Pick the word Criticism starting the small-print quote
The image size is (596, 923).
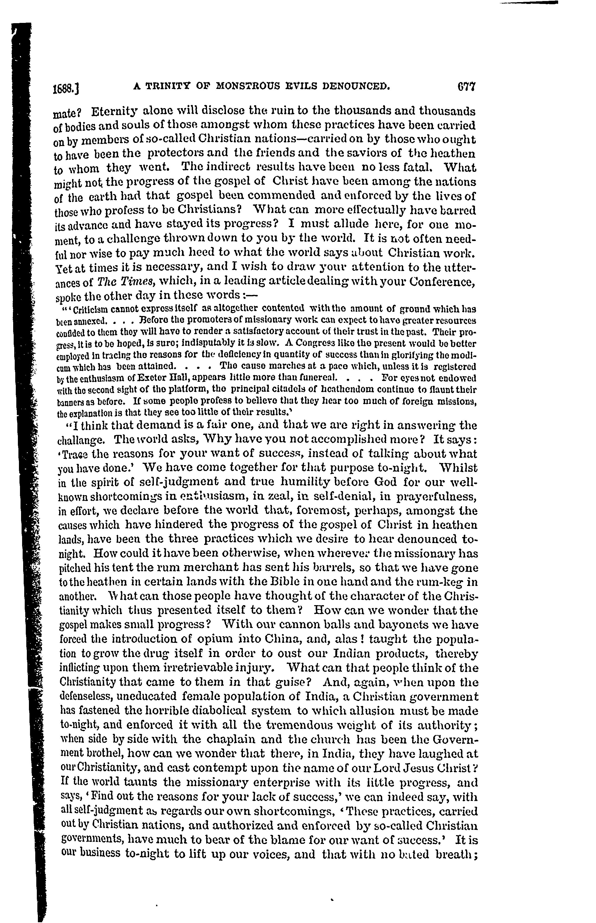pyautogui.click(x=90, y=310)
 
